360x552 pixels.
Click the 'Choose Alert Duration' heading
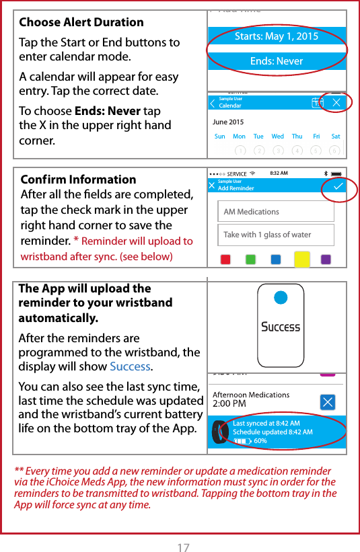click(81, 22)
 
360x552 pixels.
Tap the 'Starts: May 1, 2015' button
click(277, 36)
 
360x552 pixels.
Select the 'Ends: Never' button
click(277, 61)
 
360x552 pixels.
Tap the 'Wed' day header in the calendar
click(277, 136)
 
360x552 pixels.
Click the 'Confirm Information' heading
click(78, 180)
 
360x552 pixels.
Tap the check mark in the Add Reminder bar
click(338, 186)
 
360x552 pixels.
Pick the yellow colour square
click(301, 259)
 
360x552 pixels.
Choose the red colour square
click(226, 260)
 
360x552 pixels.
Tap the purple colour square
click(326, 260)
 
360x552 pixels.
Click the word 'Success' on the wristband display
click(281, 327)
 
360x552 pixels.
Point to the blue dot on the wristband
click(281, 297)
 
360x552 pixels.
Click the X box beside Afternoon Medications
click(327, 402)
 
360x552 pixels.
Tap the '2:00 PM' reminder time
click(229, 404)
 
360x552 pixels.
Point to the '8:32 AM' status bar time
click(279, 173)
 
